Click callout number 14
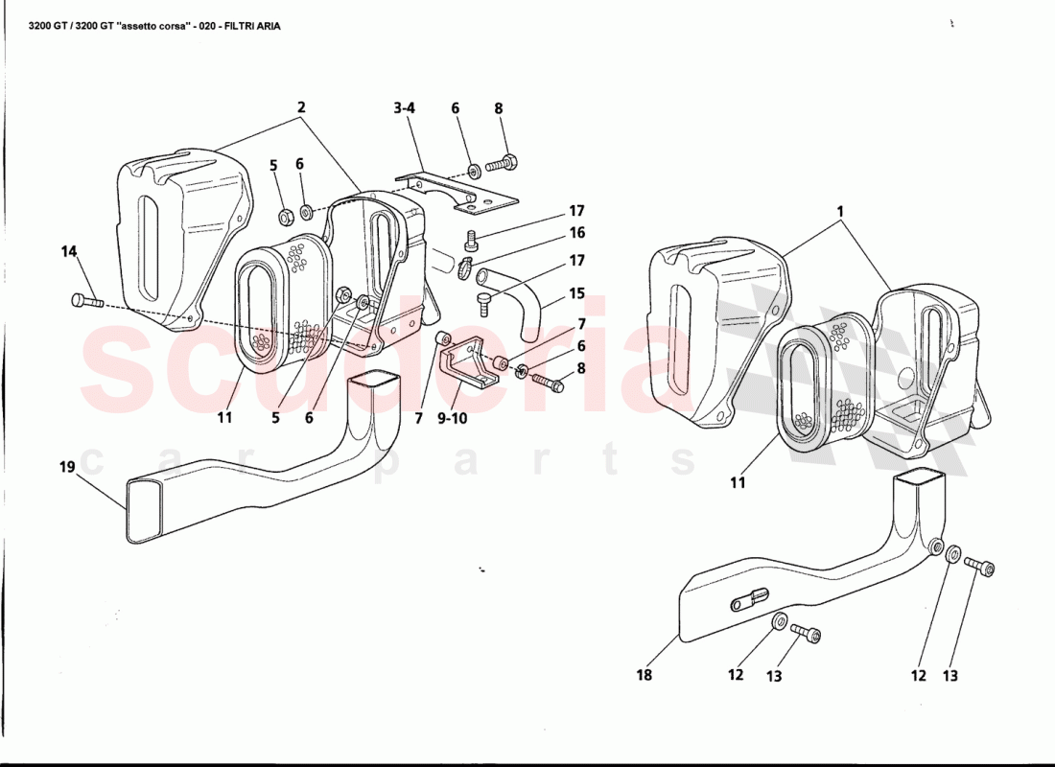click(x=69, y=251)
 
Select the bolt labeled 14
click(x=86, y=301)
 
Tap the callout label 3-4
click(x=405, y=107)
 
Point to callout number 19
click(x=66, y=466)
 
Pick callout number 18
click(x=644, y=674)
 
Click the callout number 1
click(x=840, y=211)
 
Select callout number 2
click(x=301, y=107)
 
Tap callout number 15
click(x=576, y=293)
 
